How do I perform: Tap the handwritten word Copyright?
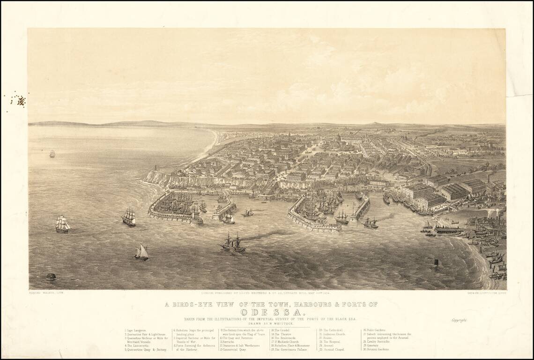pyautogui.click(x=460, y=321)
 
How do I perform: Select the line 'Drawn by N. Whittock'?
pyautogui.click(x=267, y=323)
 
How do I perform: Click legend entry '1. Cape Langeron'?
pyautogui.click(x=136, y=330)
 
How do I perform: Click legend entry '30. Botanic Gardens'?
pyautogui.click(x=378, y=349)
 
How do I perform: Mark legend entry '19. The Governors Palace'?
pyautogui.click(x=288, y=349)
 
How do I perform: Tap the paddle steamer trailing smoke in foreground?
pyautogui.click(x=233, y=243)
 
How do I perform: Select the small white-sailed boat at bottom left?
pyautogui.click(x=141, y=252)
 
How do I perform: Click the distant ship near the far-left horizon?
pyautogui.click(x=52, y=153)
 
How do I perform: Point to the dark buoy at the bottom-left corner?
pyautogui.click(x=51, y=277)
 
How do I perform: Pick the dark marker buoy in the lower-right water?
pyautogui.click(x=436, y=262)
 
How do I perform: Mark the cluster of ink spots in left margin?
pyautogui.click(x=19, y=99)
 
